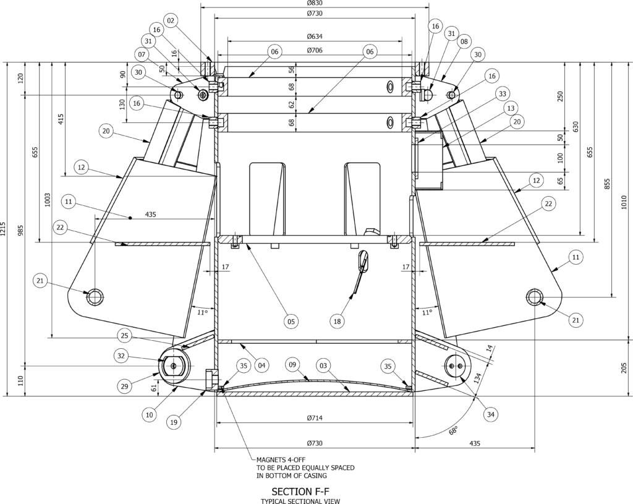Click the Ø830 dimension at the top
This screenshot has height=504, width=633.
[315, 3]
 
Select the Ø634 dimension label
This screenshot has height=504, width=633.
[315, 36]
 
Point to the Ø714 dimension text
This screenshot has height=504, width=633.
[315, 418]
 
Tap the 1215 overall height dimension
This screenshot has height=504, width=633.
[3, 229]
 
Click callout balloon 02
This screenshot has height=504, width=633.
[171, 20]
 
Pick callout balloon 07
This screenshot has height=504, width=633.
[142, 54]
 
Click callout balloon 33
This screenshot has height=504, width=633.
[502, 94]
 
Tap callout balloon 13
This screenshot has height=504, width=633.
[511, 108]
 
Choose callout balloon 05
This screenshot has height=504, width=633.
[291, 322]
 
